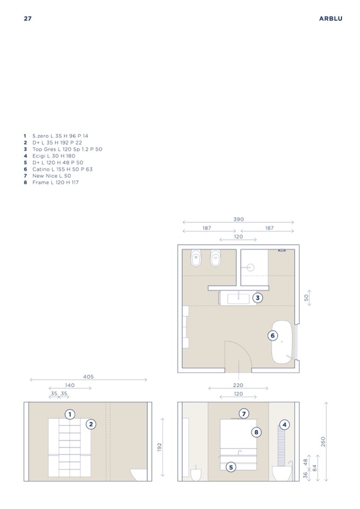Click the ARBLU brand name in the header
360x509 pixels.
(x=330, y=19)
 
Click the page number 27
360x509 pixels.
(x=28, y=19)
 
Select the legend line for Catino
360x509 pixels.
(x=58, y=169)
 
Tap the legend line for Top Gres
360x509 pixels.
(x=63, y=149)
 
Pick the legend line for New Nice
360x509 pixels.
(x=47, y=176)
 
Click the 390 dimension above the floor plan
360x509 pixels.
(x=238, y=219)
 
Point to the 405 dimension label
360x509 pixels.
(x=88, y=377)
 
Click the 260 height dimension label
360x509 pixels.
(x=323, y=442)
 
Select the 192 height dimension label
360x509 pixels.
(x=159, y=447)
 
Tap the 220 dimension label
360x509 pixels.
(x=238, y=385)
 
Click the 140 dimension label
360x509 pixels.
(x=70, y=385)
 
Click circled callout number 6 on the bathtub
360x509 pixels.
(x=273, y=335)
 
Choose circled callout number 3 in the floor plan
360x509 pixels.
(x=258, y=298)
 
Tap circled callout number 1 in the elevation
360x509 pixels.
(x=70, y=414)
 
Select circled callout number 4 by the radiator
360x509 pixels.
(x=285, y=425)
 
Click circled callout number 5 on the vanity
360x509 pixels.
(x=231, y=468)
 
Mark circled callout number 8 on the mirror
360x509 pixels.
(x=256, y=432)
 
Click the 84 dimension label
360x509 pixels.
(x=314, y=468)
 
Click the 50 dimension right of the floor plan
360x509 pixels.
(x=306, y=298)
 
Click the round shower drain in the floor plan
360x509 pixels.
(x=250, y=268)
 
